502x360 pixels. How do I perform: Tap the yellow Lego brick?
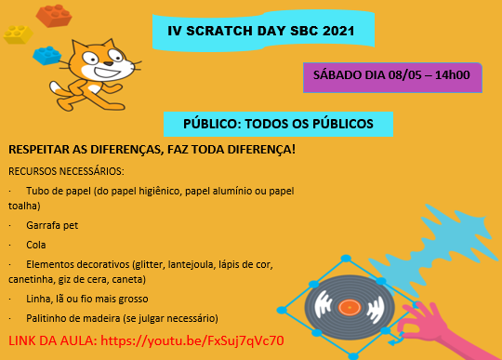coord(18,34)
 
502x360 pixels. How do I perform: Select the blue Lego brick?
coord(46,55)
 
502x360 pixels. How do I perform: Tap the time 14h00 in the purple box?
coord(451,76)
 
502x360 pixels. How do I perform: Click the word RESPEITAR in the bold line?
coord(42,149)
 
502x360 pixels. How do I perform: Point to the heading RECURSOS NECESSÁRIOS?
coord(65,171)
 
